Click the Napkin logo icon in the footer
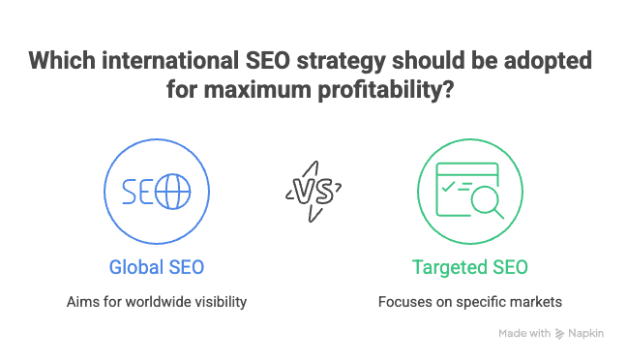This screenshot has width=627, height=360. tap(560, 334)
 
